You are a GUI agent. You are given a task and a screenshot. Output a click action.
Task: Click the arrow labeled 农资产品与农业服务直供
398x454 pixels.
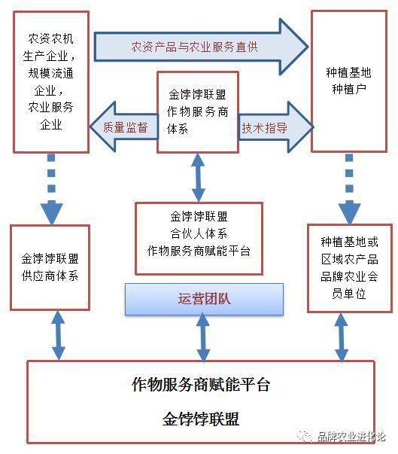[201, 47]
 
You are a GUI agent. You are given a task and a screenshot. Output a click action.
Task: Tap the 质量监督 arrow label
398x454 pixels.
[126, 127]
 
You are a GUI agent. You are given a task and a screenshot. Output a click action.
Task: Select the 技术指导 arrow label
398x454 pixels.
[264, 128]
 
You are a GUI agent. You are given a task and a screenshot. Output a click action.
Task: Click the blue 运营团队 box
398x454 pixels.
[204, 299]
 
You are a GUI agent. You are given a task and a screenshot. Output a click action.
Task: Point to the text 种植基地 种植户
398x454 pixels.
[348, 81]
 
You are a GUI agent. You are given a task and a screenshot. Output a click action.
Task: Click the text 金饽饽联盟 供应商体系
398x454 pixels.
[50, 267]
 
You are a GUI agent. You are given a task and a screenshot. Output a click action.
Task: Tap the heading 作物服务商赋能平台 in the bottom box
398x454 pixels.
[201, 385]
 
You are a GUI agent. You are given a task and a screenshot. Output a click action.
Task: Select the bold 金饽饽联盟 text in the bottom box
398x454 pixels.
[201, 419]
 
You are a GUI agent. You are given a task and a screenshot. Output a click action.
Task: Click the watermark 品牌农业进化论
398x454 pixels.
[351, 436]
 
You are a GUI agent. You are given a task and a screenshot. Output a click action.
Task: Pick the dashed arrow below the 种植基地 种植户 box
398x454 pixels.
[349, 189]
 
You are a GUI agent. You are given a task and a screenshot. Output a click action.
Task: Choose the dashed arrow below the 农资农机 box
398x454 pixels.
[51, 189]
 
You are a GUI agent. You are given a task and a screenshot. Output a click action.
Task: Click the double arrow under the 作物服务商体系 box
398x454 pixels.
[199, 178]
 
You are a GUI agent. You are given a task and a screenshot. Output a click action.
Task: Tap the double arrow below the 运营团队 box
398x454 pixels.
[203, 337]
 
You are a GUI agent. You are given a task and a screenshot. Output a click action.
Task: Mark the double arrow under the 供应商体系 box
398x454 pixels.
[59, 335]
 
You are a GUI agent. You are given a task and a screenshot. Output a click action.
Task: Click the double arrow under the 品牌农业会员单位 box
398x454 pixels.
[342, 337]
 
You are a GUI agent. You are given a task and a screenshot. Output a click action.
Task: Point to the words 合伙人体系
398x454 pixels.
[199, 233]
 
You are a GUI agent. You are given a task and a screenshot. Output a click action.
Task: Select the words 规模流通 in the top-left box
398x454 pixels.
[51, 73]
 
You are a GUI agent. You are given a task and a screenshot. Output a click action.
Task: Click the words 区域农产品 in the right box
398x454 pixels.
[349, 259]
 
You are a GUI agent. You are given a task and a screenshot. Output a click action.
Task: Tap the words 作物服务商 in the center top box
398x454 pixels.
[197, 111]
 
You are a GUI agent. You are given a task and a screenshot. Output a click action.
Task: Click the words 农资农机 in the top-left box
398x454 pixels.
[51, 38]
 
